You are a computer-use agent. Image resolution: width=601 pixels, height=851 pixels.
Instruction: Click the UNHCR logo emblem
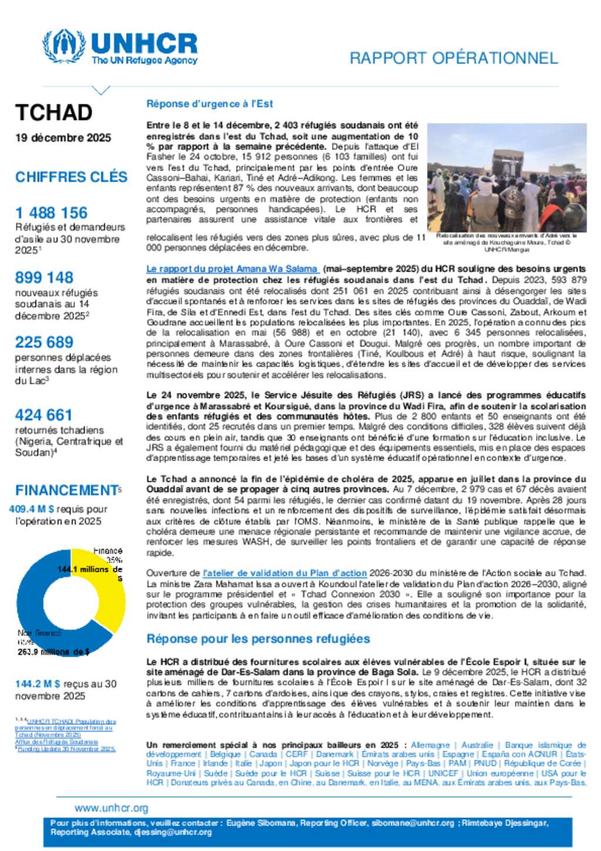click(64, 47)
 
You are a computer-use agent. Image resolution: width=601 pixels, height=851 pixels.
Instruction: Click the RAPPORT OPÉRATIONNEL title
click(453, 58)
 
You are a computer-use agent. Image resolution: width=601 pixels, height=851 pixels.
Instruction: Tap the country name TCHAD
click(54, 113)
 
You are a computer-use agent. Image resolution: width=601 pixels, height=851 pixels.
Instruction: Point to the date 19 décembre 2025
click(63, 138)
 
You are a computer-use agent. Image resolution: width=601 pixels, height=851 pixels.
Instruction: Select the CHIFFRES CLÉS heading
click(71, 177)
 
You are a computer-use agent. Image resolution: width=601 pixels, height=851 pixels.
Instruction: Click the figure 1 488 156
click(51, 213)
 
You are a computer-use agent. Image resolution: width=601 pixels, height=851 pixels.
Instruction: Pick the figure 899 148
click(44, 277)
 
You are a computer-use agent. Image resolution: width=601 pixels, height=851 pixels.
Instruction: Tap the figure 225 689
click(44, 342)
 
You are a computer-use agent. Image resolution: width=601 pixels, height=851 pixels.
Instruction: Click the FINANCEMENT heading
click(66, 490)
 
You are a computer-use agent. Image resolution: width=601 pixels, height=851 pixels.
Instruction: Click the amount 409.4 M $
click(32, 509)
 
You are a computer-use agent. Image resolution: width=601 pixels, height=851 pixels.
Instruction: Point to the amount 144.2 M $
click(38, 684)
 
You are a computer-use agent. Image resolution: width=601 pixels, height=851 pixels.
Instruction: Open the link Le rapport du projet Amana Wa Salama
click(232, 269)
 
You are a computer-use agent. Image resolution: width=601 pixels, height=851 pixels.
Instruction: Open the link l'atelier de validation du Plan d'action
click(285, 573)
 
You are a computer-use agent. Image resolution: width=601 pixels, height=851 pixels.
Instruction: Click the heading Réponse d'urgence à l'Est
click(210, 104)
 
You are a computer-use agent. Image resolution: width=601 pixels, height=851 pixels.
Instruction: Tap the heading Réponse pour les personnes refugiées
click(258, 639)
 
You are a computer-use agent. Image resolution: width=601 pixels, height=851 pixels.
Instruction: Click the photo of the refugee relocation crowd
click(507, 177)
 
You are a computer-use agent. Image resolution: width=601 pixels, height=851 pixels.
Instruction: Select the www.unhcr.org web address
click(112, 808)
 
